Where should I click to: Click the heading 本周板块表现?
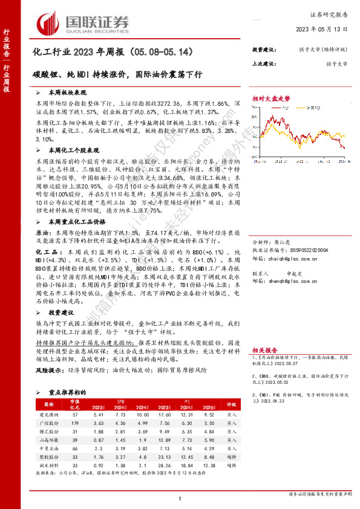tap(67, 93)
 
